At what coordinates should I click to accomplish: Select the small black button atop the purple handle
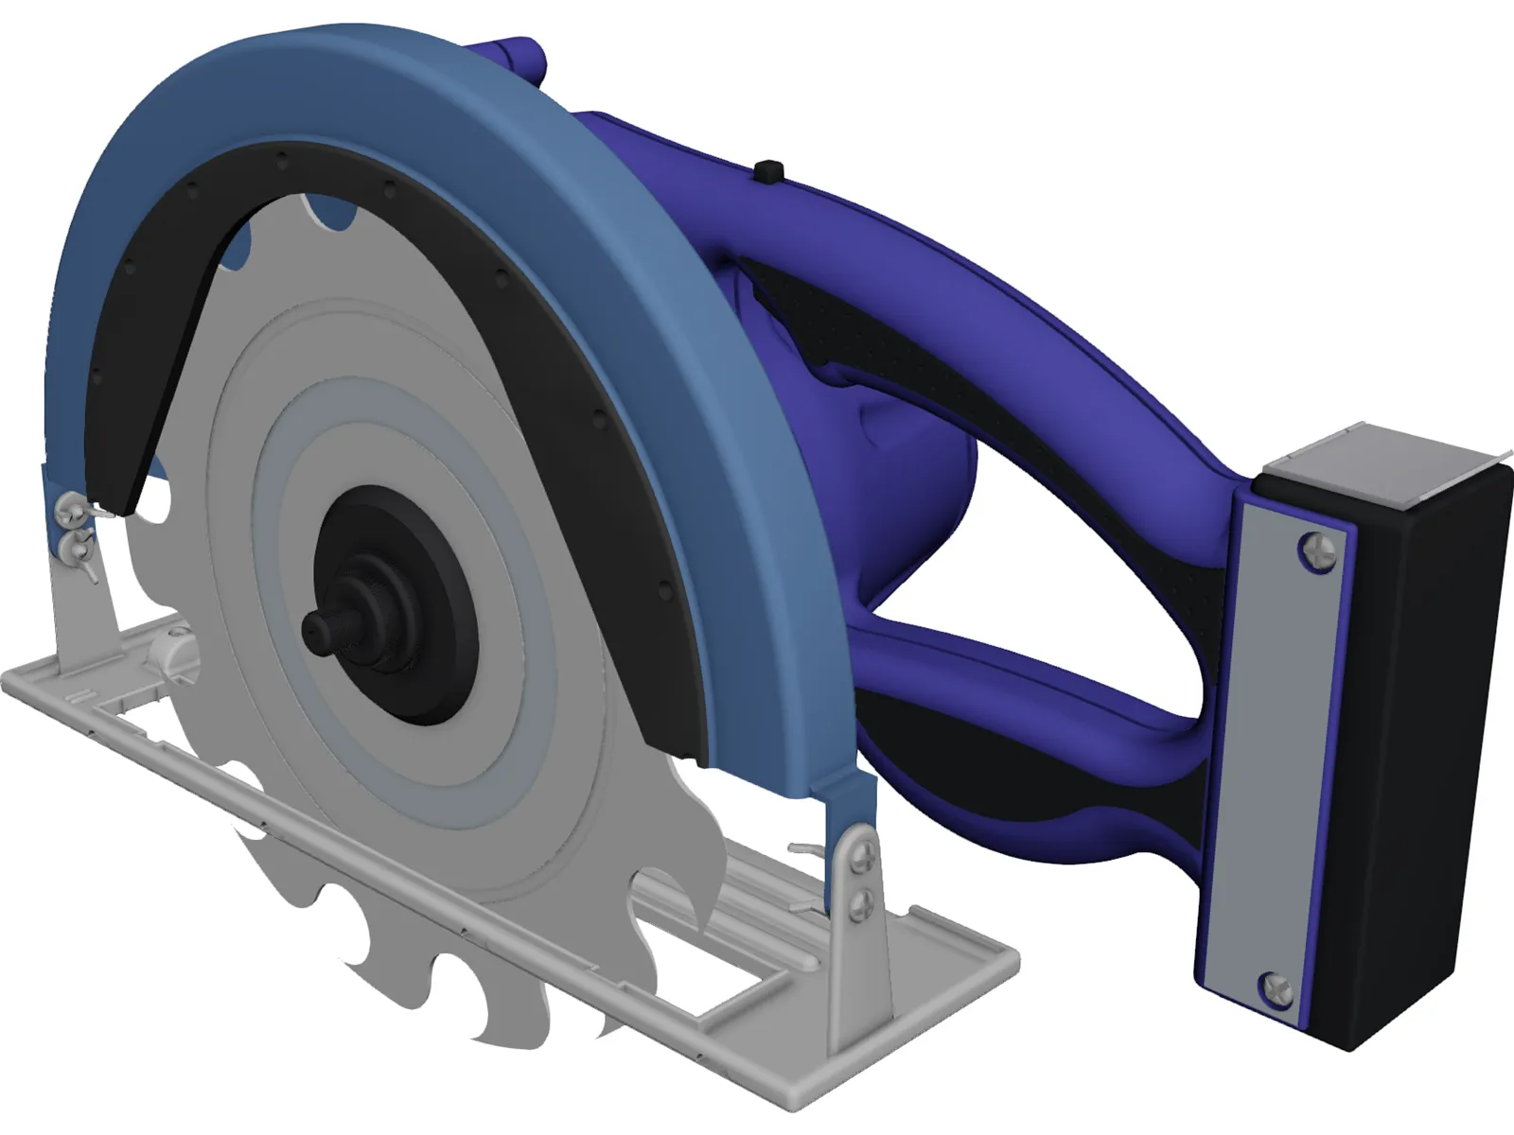tap(772, 171)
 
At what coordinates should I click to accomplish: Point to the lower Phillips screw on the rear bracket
tap(860, 905)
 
